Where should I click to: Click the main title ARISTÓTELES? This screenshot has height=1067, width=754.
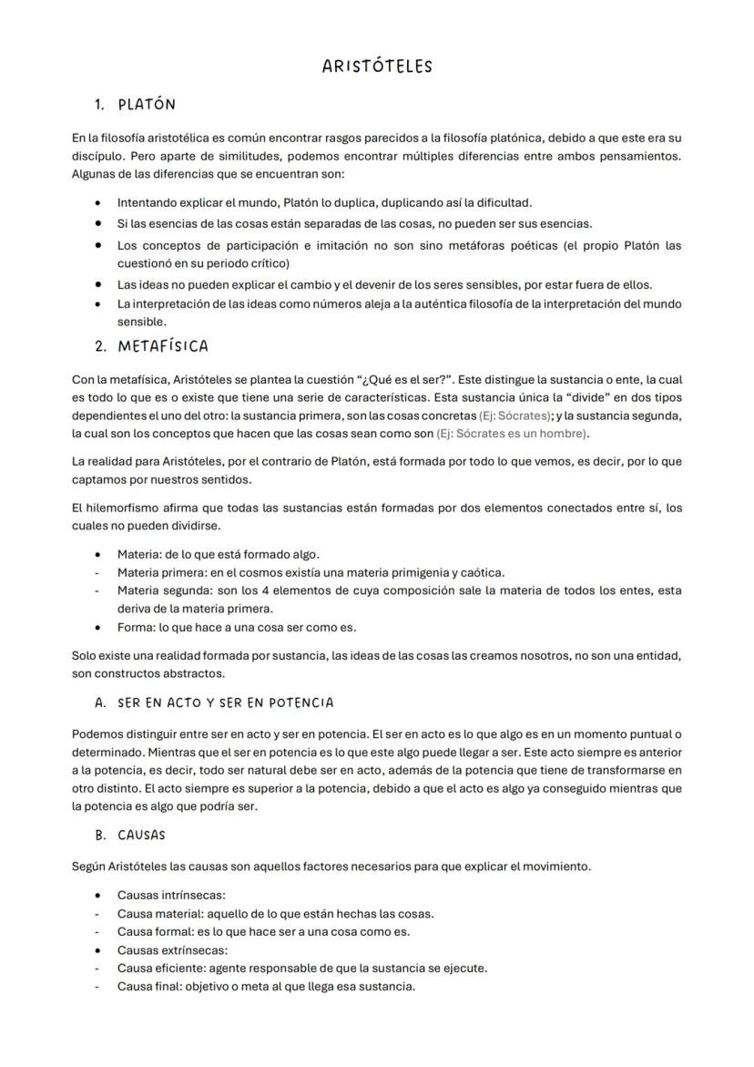click(377, 67)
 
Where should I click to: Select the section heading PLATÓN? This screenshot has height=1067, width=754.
click(147, 105)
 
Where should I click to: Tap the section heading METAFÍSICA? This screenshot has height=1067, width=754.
click(163, 346)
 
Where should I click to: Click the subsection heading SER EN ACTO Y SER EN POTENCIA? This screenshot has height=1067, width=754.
click(225, 703)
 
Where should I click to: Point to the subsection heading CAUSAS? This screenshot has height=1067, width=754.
click(141, 835)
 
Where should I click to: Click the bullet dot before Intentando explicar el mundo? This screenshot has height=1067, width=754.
click(97, 202)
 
